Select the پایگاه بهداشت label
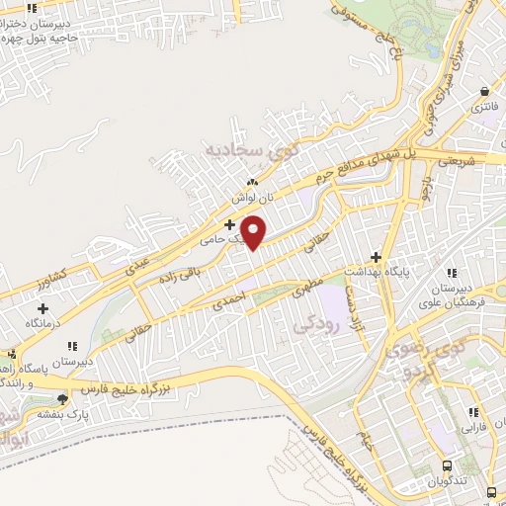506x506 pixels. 375,271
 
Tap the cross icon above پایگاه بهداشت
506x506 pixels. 376,256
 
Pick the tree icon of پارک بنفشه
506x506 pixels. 64,399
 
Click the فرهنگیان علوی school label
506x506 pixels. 454,298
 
